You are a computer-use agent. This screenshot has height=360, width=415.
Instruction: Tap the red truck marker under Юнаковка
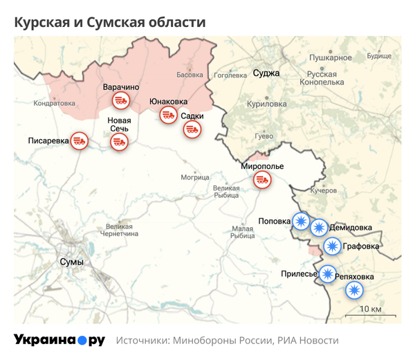(x=168, y=115)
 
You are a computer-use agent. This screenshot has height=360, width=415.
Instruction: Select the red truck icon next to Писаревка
(x=80, y=141)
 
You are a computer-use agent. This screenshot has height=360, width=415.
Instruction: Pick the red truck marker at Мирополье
(x=262, y=180)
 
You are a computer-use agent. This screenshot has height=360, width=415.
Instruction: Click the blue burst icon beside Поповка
(x=301, y=222)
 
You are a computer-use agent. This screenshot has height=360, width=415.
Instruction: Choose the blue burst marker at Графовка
(x=333, y=246)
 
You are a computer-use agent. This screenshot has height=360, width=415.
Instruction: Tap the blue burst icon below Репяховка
(x=355, y=291)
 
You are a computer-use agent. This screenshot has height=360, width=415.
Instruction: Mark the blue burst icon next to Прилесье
(x=326, y=273)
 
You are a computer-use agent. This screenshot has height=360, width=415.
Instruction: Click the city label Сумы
(x=72, y=262)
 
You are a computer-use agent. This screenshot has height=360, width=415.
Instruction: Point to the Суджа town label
(x=266, y=73)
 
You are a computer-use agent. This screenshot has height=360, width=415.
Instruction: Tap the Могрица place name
(x=194, y=177)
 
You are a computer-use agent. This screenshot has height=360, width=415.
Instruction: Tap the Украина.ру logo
(x=59, y=340)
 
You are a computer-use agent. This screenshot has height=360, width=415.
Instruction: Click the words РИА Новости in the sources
(x=308, y=341)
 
